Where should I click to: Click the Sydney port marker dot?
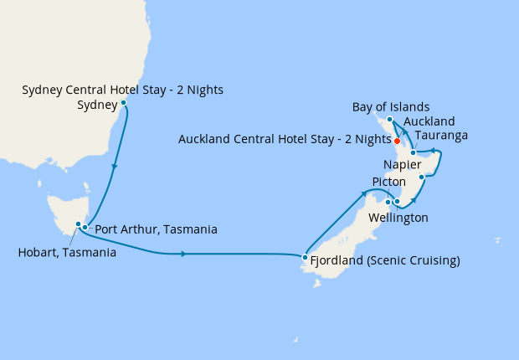[x=124, y=103]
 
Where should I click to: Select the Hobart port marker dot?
[x=78, y=224]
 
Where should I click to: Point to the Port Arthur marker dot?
[x=85, y=228]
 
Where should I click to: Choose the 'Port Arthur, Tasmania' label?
[x=157, y=229]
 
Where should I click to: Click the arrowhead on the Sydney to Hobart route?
[x=115, y=167]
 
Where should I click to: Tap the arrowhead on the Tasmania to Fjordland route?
[x=183, y=253]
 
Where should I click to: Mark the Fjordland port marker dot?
[x=305, y=258]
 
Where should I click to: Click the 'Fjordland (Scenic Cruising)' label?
[x=385, y=260]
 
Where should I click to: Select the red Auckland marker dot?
[x=397, y=140]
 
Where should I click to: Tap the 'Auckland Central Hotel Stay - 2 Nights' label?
[x=285, y=139]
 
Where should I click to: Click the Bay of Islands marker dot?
[x=390, y=120]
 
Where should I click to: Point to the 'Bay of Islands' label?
[x=391, y=107]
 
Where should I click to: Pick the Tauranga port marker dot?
[x=414, y=153]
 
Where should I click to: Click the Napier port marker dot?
[x=423, y=177]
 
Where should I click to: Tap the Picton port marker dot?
[x=388, y=201]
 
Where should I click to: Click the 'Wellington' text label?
[x=398, y=219]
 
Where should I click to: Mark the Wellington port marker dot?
[x=397, y=202]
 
